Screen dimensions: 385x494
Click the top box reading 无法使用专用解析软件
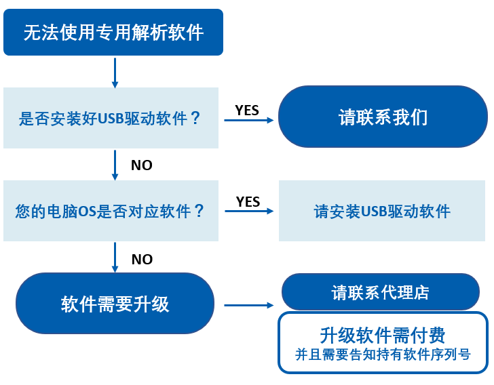click(113, 32)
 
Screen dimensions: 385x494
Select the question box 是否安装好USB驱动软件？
click(111, 118)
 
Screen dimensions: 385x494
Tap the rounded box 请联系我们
click(383, 117)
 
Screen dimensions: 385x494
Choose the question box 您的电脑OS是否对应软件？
click(111, 211)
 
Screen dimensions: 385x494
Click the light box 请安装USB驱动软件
click(382, 211)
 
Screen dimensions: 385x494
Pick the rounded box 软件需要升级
click(115, 304)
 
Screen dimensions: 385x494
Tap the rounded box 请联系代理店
click(380, 292)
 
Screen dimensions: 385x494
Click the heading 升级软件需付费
click(382, 335)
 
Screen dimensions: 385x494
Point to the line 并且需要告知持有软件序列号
click(383, 354)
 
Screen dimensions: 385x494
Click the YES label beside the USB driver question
click(247, 110)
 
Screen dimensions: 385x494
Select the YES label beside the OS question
click(248, 202)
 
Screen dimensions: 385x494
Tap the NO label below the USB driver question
click(141, 165)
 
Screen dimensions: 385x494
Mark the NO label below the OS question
click(141, 260)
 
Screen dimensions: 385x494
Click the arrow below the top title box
click(115, 73)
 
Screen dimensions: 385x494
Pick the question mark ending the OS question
click(199, 211)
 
